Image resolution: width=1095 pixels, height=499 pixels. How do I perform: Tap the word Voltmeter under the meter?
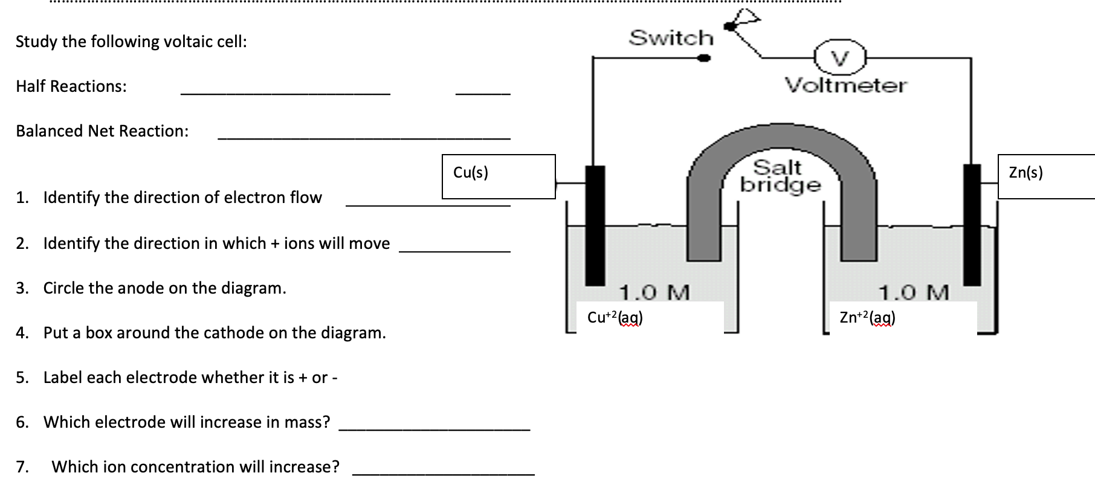tap(845, 85)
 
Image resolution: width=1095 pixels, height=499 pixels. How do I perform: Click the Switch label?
tap(671, 37)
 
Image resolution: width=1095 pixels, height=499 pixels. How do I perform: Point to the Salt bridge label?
tap(780, 176)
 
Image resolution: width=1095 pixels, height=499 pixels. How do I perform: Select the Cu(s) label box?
tap(499, 176)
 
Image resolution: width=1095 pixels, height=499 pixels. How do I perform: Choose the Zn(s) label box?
tap(1045, 176)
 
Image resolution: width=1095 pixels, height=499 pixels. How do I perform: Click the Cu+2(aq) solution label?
tap(615, 317)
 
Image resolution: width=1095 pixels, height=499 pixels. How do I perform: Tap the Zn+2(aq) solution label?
tap(868, 317)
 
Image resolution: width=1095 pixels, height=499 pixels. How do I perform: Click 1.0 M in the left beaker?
tap(654, 292)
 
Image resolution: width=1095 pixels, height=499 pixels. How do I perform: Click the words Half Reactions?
tap(71, 86)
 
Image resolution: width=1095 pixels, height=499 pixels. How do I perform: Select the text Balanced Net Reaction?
tap(102, 131)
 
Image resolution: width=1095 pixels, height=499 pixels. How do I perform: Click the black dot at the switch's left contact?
tap(703, 58)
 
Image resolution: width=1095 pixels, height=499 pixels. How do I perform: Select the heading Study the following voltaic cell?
tap(131, 42)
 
